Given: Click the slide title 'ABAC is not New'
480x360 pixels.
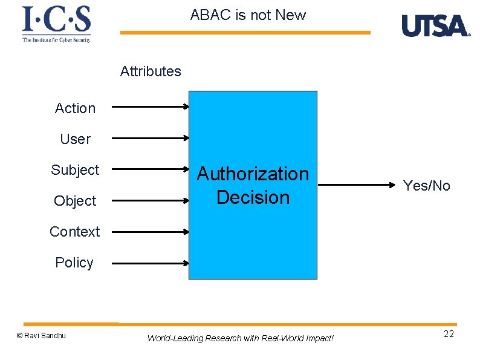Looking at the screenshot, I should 248,15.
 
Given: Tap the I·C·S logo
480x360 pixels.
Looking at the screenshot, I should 56,23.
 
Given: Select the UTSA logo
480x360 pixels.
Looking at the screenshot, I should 435,26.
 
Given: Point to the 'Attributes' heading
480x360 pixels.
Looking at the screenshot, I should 151,71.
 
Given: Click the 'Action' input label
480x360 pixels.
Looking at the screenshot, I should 75,108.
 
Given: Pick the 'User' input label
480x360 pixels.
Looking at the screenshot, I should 75,139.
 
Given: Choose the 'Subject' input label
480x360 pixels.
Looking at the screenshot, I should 75,170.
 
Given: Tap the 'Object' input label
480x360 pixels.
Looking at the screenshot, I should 75,201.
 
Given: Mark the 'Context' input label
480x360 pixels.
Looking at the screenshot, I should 75,232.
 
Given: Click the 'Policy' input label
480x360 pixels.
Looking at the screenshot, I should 74,263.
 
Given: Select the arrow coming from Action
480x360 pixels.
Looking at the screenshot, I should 151,107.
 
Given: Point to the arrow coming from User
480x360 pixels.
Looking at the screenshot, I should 151,138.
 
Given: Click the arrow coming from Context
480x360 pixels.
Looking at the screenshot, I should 151,231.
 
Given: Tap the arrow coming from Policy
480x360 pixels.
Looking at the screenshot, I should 151,263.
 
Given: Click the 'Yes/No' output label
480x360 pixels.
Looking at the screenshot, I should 427,186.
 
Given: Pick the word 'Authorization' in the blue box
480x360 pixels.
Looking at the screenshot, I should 253,174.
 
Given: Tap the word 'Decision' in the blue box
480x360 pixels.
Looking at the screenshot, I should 253,197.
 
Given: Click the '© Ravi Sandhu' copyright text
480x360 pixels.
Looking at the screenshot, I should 41,336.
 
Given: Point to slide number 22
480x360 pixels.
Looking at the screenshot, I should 449,335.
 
